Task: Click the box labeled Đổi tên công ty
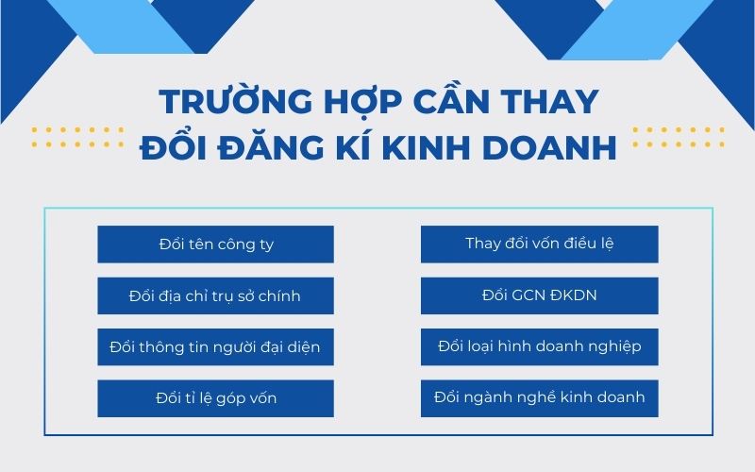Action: pyautogui.click(x=215, y=244)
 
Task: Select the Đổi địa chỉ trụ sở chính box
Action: pyautogui.click(x=215, y=296)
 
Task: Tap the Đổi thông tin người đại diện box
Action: pyautogui.click(x=215, y=347)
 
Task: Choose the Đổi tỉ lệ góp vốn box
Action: pyautogui.click(x=215, y=398)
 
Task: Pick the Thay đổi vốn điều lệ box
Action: pyautogui.click(x=540, y=244)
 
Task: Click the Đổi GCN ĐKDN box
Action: pyautogui.click(x=540, y=295)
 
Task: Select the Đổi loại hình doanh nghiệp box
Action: pyautogui.click(x=540, y=346)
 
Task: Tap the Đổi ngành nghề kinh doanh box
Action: pyautogui.click(x=540, y=397)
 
